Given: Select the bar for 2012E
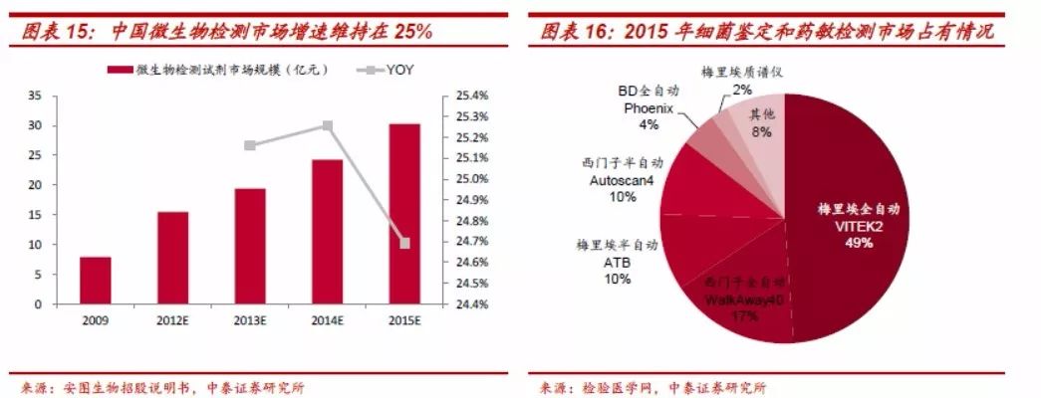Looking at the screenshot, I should (172, 258).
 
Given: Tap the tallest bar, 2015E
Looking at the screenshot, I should (404, 214).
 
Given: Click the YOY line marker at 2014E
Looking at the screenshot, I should (327, 126).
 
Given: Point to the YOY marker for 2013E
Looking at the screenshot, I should (249, 146).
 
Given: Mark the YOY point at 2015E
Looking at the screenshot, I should (404, 243).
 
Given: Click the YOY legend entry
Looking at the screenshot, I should (390, 71).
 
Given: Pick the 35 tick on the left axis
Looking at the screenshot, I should (35, 97).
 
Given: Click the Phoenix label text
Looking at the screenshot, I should (649, 107).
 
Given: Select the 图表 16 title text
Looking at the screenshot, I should (767, 31).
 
